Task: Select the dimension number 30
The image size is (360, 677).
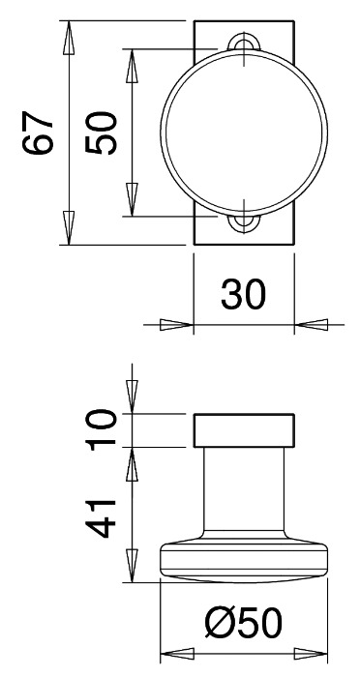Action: click(x=242, y=295)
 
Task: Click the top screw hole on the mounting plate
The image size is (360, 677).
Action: click(x=243, y=44)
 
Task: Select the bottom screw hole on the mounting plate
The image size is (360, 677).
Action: click(x=243, y=222)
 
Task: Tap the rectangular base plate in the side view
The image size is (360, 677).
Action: click(x=243, y=430)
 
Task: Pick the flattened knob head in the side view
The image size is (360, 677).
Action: click(x=243, y=563)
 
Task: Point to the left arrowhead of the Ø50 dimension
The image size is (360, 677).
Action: click(x=176, y=653)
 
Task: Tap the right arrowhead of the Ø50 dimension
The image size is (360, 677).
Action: click(x=312, y=653)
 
